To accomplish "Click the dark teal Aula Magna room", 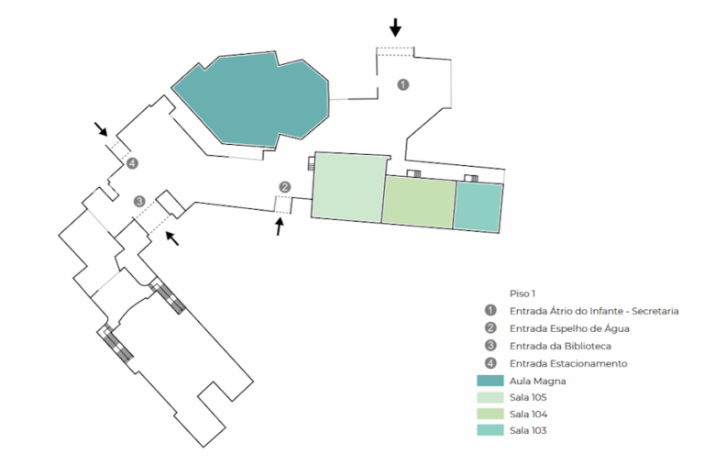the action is [251, 99].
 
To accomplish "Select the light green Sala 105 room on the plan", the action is [348, 187].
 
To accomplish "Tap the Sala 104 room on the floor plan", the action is [419, 202].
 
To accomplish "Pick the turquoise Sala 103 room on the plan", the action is [478, 206].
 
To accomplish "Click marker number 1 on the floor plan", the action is [403, 84].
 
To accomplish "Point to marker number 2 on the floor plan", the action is [285, 187].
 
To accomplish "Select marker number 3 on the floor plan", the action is [139, 201].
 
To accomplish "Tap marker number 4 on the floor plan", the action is [132, 163].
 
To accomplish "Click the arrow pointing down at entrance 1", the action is [395, 28].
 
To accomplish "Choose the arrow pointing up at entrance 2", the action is [280, 227].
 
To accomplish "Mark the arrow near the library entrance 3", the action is [172, 238].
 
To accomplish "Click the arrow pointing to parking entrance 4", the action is [101, 128].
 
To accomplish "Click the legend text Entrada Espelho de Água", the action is [569, 329].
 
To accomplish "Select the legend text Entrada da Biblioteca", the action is [560, 346].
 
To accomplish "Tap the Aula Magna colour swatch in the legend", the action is [490, 381].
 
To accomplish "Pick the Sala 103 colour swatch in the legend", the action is [490, 430].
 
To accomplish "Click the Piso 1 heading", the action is [522, 293].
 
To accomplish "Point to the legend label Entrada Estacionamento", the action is [568, 363].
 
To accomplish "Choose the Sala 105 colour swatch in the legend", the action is [490, 397].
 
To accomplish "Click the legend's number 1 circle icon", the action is [490, 310].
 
